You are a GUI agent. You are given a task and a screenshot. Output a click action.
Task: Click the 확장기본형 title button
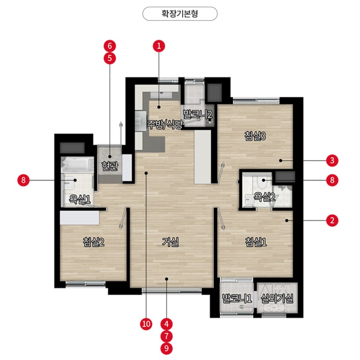180,14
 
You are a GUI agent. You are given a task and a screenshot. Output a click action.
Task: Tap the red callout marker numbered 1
159,46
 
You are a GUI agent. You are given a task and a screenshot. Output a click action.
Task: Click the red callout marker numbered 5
110,58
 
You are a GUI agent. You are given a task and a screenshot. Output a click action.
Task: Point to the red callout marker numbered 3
332,161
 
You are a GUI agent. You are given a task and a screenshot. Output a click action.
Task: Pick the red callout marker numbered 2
332,220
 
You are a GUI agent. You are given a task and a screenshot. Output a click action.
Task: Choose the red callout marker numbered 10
146,324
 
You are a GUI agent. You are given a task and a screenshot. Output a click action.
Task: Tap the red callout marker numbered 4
167,324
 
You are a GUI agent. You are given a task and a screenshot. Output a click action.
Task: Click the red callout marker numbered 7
167,336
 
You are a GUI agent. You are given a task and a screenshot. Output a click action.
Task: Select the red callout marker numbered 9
167,348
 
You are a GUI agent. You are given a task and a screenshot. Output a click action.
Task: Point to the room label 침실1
256,242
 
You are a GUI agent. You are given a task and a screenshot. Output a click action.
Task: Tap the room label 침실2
93,242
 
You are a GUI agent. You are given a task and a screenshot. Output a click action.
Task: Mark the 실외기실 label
277,299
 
